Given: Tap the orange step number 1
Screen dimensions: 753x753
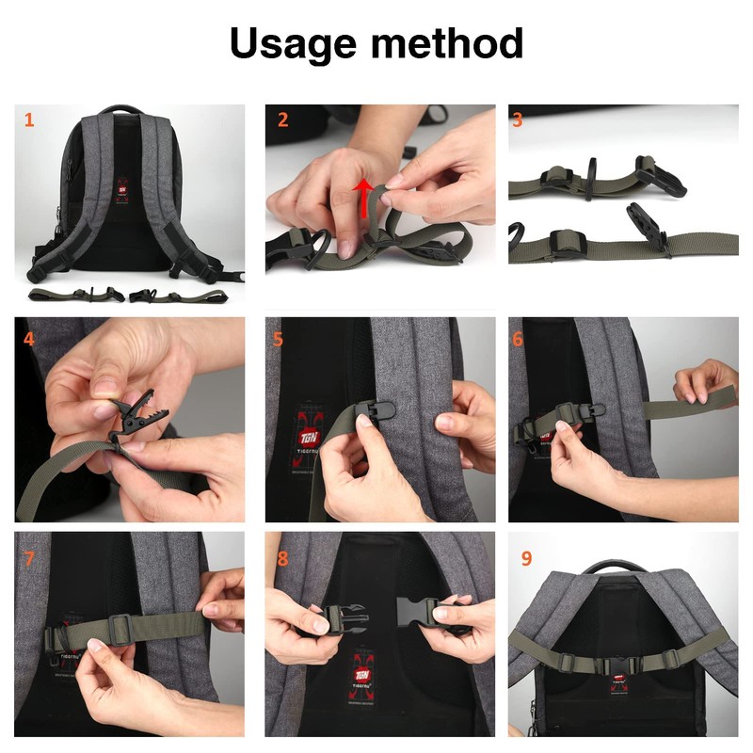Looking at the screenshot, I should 29,120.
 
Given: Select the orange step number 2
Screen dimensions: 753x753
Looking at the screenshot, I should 282,120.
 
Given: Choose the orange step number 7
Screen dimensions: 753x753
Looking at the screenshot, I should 29,558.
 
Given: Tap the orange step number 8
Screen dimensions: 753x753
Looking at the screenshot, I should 282,558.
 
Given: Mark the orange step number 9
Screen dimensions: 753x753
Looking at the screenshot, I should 526,558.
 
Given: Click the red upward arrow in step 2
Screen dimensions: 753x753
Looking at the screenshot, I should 360,199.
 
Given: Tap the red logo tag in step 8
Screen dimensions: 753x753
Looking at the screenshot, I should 360,665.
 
